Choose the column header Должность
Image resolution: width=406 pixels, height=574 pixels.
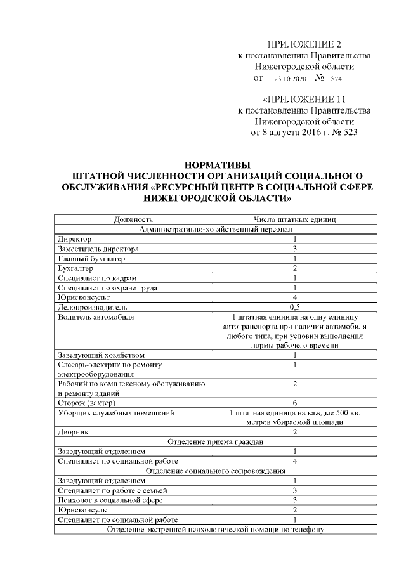click(x=133, y=219)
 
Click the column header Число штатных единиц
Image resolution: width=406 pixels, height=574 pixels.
click(x=295, y=219)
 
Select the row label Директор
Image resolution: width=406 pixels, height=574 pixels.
click(x=74, y=239)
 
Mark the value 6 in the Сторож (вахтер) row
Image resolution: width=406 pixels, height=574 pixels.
click(x=295, y=403)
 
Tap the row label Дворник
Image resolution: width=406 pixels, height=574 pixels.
click(x=73, y=432)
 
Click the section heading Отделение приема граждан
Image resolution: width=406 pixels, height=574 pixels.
click(x=215, y=441)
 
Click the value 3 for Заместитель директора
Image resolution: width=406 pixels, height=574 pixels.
click(x=295, y=249)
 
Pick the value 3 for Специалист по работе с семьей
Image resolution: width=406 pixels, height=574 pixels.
click(x=295, y=490)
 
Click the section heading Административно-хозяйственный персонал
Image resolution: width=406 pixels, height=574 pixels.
click(x=215, y=229)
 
